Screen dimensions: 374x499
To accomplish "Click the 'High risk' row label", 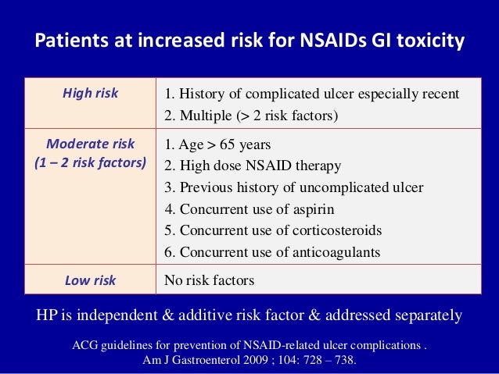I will click(90, 94).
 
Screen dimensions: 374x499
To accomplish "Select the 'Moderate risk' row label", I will click(90, 144).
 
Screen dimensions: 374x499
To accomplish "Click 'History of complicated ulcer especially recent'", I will click(311, 95).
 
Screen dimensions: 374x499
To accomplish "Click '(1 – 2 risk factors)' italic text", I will click(90, 164).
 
